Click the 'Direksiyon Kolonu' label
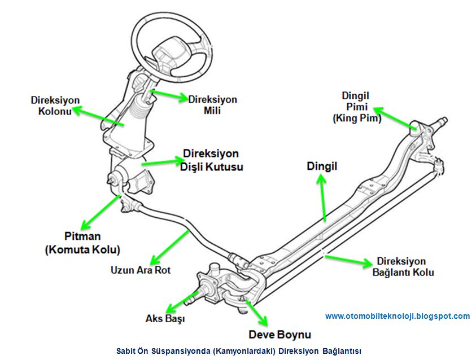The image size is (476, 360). (x=55, y=106)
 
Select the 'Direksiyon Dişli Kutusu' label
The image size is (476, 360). (x=211, y=160)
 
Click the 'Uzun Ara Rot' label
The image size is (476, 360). (x=141, y=270)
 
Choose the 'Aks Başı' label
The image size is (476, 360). (x=166, y=319)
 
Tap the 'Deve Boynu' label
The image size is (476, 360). (x=280, y=335)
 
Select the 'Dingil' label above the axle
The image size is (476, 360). (x=322, y=166)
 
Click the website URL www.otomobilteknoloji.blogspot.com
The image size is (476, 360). (x=398, y=316)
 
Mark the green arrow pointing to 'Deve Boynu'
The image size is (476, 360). (x=254, y=307)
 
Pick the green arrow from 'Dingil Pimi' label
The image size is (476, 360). (x=395, y=118)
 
